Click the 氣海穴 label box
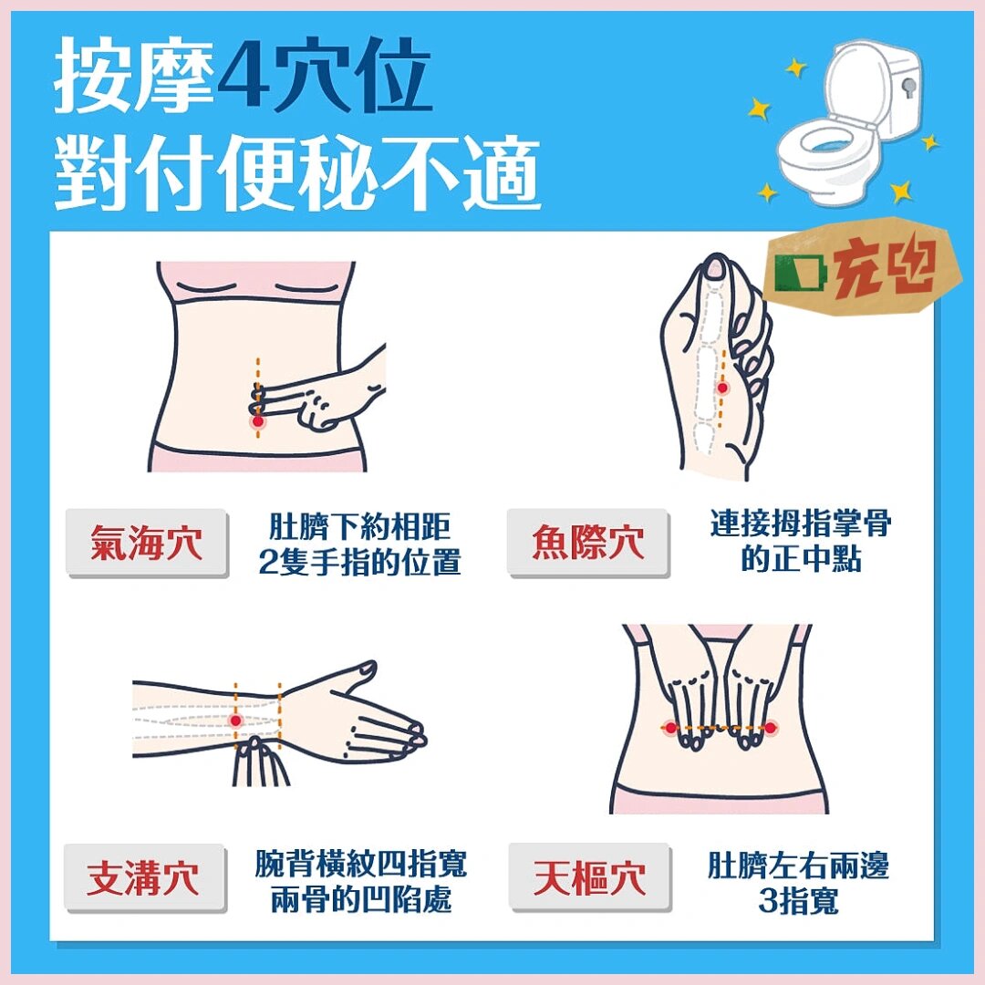146,544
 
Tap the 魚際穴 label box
588,544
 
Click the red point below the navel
258,421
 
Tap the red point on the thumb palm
722,389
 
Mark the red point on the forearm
236,721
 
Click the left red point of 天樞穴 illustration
671,728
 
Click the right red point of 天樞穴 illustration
772,728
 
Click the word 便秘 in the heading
306,172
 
